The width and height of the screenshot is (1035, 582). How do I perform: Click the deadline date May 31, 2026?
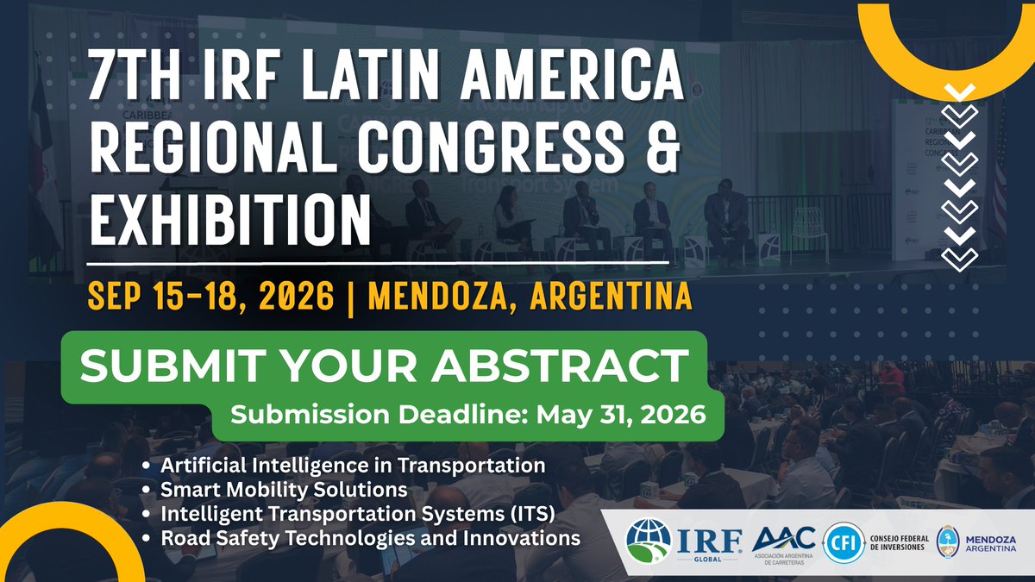pyautogui.click(x=621, y=414)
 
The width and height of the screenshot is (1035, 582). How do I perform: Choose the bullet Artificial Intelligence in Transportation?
pyautogui.click(x=354, y=466)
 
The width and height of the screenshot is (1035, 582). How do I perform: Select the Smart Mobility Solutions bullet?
pyautogui.click(x=285, y=490)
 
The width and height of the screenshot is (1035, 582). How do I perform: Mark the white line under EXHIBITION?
pyautogui.click(x=379, y=260)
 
